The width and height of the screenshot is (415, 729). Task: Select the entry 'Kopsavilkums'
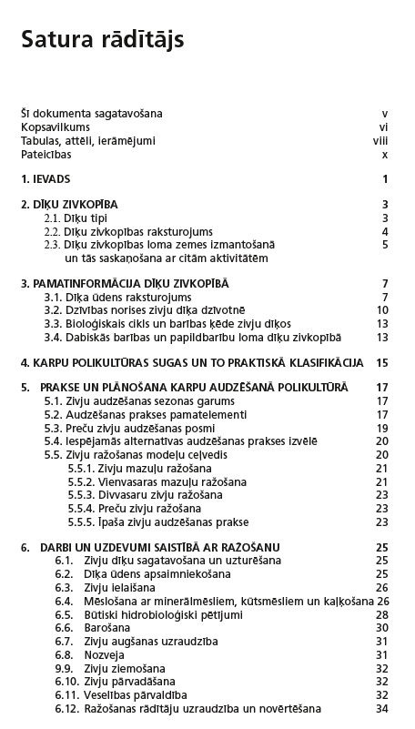pos(56,127)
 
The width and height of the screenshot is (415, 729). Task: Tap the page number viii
pos(381,141)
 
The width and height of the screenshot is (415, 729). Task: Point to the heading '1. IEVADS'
pos(46,179)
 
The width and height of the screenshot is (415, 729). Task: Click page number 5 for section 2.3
pos(385,245)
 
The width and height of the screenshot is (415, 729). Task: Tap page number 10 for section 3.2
pos(382,310)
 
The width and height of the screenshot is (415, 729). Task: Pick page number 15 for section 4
pos(382,363)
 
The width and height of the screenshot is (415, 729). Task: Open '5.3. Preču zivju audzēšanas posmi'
pos(129,429)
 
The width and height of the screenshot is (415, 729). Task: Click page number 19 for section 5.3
pos(382,429)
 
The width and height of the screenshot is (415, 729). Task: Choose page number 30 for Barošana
pos(382,628)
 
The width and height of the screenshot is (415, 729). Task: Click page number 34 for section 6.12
pos(382,708)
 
